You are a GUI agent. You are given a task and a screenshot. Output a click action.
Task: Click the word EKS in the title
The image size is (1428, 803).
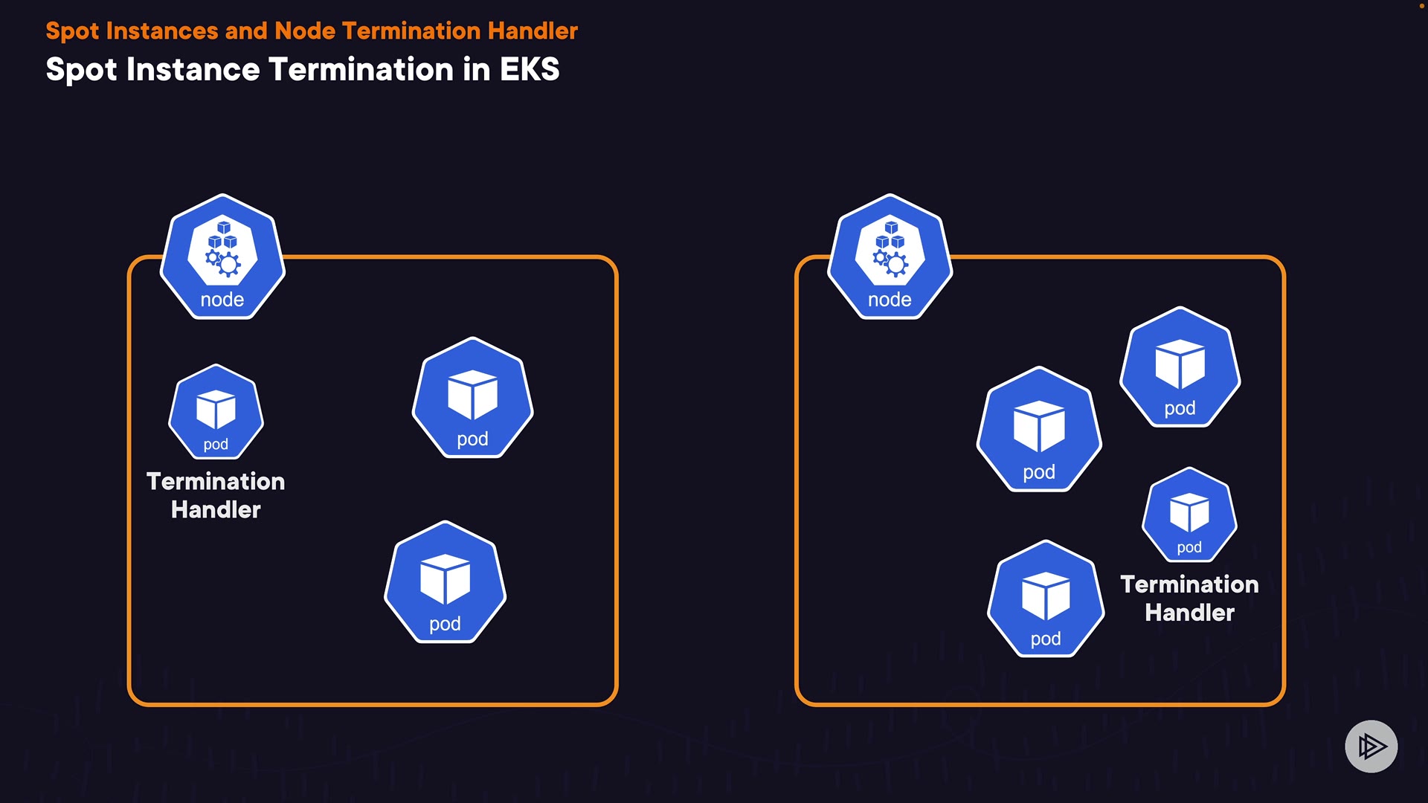point(529,70)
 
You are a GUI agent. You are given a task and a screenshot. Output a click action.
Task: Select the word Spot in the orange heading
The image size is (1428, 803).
point(72,31)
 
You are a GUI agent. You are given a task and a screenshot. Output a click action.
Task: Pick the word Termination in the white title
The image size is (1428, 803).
point(361,70)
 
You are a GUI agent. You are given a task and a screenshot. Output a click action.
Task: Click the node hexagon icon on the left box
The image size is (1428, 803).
point(222,257)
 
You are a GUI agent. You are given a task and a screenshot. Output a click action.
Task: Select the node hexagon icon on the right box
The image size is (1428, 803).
point(890,257)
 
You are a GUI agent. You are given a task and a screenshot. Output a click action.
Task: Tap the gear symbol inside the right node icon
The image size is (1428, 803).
point(896,263)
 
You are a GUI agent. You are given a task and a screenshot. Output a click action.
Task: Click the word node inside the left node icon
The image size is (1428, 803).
point(222,300)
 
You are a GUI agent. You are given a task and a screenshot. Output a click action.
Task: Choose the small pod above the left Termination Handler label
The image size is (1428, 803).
point(216,412)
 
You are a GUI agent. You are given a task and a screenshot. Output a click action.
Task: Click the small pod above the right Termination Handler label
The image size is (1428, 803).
point(1189,515)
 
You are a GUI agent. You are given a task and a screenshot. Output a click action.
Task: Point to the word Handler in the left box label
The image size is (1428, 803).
point(216,510)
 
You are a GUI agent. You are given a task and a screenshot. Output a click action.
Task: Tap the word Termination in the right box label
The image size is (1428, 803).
point(1189,585)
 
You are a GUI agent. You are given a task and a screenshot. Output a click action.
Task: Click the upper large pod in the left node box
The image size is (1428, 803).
point(472,399)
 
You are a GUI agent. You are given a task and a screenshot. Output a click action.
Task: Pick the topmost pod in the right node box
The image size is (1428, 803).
point(1180,367)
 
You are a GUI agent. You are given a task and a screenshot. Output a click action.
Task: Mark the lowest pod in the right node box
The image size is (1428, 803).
point(1046,599)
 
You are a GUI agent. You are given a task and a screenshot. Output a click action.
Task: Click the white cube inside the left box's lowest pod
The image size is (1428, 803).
point(445,578)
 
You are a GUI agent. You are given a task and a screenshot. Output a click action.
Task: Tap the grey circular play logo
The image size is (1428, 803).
point(1371,746)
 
